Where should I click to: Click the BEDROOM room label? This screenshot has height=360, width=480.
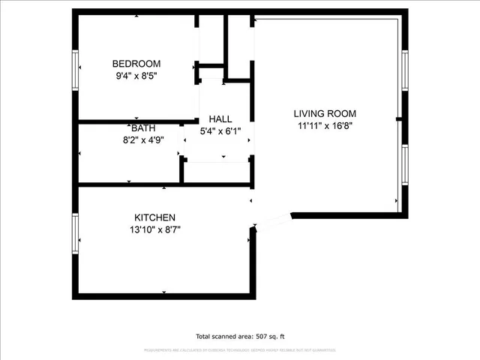coord(136,64)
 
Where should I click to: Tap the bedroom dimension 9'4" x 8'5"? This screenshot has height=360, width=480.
coord(136,75)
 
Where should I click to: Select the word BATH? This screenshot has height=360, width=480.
coord(144,128)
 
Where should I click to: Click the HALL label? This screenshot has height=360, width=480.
coord(220,119)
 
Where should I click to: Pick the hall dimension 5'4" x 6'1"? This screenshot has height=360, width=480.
coord(220,130)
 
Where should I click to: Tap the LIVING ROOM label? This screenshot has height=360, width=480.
coord(325,114)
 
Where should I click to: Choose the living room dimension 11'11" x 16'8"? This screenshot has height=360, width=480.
coord(325,125)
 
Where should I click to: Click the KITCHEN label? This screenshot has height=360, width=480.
coord(154,217)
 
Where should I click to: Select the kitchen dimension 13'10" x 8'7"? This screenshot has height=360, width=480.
coord(154,229)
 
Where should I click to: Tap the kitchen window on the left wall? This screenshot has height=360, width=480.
coord(75,233)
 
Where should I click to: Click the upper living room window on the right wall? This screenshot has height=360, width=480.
coord(403,71)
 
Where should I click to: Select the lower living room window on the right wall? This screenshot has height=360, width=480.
coord(403,165)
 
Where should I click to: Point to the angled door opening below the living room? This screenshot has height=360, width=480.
coord(274,220)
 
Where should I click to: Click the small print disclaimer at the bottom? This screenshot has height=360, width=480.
coord(240,350)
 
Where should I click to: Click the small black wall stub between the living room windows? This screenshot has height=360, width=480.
coord(399,118)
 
